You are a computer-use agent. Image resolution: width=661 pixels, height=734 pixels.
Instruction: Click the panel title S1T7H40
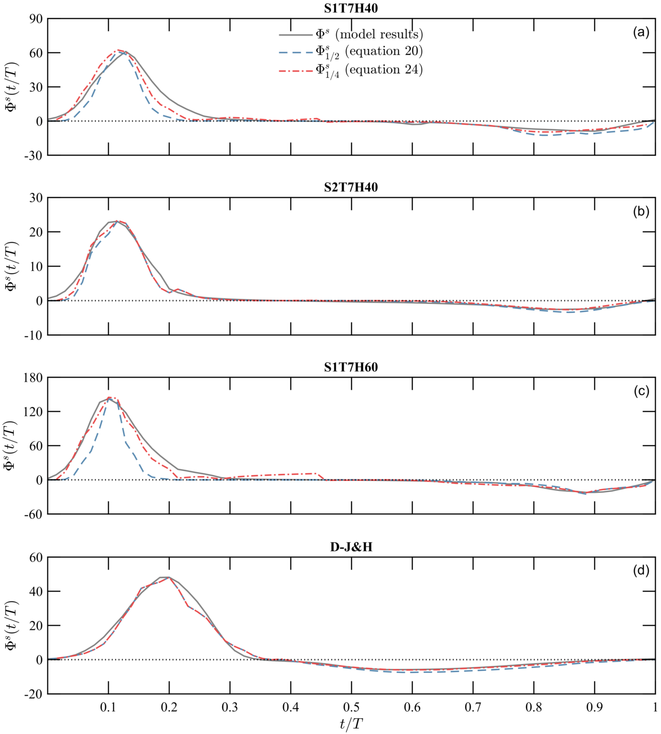pyautogui.click(x=351, y=8)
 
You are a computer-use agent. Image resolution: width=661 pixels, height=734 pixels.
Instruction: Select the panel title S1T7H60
pyautogui.click(x=351, y=367)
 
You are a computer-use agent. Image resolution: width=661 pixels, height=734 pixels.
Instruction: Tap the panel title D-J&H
pyautogui.click(x=351, y=547)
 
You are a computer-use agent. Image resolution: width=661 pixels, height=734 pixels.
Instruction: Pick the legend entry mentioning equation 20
pyautogui.click(x=369, y=52)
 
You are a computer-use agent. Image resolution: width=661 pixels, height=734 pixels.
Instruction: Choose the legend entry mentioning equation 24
pyautogui.click(x=369, y=70)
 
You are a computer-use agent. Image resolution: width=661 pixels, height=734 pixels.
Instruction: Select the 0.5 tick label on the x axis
pyautogui.click(x=351, y=707)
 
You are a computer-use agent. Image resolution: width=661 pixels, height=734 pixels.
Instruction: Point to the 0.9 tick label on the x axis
pyautogui.click(x=594, y=707)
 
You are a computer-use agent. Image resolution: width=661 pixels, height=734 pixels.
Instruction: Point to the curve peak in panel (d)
pyautogui.click(x=165, y=577)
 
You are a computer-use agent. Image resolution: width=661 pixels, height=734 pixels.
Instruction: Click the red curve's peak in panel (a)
pyautogui.click(x=117, y=50)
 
